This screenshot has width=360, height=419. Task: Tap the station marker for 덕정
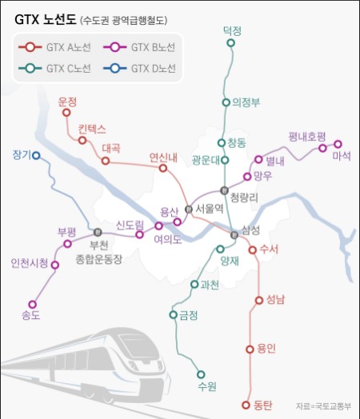pyautogui.click(x=231, y=44)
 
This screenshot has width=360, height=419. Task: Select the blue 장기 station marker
pyautogui.click(x=36, y=156)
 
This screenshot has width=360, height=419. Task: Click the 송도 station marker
pyautogui.click(x=33, y=304)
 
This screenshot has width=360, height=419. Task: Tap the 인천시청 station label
pyautogui.click(x=30, y=262)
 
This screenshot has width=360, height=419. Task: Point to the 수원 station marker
pyautogui.click(x=200, y=373)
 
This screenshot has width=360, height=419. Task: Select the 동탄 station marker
pyautogui.click(x=246, y=405)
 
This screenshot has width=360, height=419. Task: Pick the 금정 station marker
pyautogui.click(x=174, y=315)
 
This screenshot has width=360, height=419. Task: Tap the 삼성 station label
pyautogui.click(x=251, y=230)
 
